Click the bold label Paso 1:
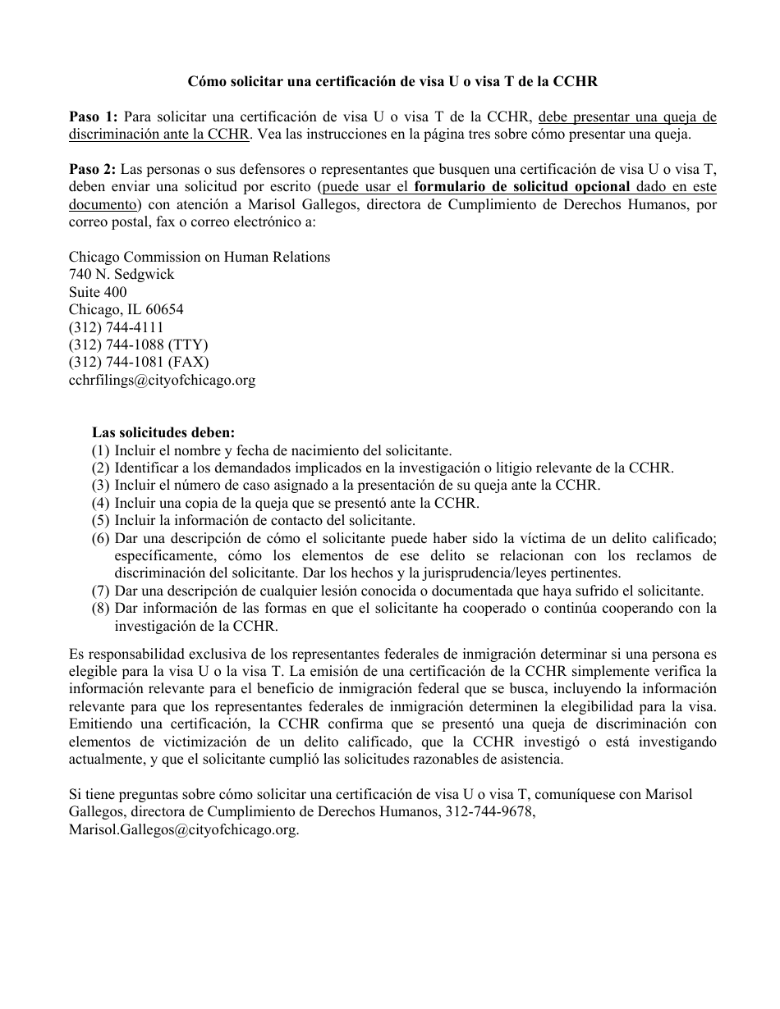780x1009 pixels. [93, 116]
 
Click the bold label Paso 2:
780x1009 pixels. [93, 170]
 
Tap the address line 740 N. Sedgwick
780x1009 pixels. [122, 275]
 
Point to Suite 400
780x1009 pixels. [98, 292]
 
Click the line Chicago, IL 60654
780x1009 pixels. [126, 310]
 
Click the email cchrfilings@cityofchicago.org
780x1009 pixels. [162, 380]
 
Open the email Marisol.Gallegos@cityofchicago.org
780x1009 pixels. [183, 829]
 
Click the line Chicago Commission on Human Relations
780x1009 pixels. [200, 257]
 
